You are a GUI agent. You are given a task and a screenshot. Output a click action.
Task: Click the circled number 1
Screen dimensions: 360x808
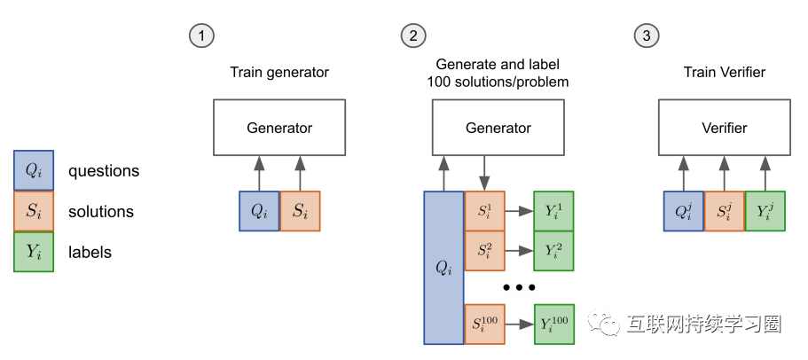(202, 35)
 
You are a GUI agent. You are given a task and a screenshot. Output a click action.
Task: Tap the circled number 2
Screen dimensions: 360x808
(413, 35)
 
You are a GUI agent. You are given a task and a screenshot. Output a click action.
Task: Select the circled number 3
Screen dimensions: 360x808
(647, 35)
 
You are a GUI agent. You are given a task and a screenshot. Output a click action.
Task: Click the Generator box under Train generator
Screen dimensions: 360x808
(279, 128)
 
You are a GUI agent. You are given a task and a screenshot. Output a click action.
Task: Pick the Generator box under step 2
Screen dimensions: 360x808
(498, 128)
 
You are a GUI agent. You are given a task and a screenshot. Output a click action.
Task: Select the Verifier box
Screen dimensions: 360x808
(724, 128)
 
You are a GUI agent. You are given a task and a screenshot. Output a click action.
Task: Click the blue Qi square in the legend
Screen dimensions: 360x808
(33, 170)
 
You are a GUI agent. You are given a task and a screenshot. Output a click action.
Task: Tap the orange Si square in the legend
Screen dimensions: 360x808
(33, 211)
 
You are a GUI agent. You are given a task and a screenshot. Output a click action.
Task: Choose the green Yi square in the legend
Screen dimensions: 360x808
(33, 252)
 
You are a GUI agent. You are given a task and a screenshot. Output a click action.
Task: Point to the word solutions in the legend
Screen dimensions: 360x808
(101, 212)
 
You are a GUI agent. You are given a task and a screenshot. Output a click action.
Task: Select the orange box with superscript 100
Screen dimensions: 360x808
(484, 323)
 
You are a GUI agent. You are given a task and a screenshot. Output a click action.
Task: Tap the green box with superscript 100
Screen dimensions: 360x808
(553, 323)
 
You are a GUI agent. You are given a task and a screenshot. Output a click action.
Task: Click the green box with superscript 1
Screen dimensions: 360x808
(553, 212)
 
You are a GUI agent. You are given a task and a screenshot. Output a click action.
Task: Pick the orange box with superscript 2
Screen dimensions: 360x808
(484, 251)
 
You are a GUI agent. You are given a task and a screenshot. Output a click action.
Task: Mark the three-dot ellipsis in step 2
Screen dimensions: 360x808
(519, 288)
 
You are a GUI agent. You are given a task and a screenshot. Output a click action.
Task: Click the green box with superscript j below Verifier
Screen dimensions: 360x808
(765, 212)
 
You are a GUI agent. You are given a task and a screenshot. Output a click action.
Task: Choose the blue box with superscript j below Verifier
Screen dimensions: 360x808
(684, 212)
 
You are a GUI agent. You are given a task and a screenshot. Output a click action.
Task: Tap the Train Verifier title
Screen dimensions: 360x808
(724, 71)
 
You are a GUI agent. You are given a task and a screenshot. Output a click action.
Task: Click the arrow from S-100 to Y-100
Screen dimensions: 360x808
(519, 323)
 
